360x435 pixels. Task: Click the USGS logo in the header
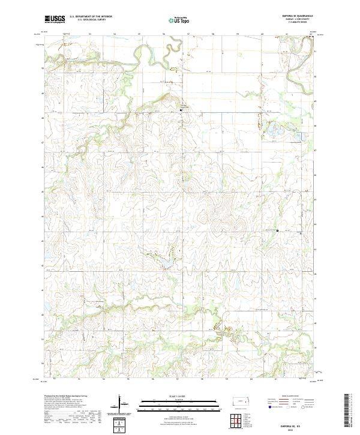[x=55, y=19]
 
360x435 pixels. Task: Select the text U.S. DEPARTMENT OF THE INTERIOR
[x=91, y=17]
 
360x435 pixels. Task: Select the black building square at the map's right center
[x=278, y=230]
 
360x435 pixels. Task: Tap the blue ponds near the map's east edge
[x=278, y=129]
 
